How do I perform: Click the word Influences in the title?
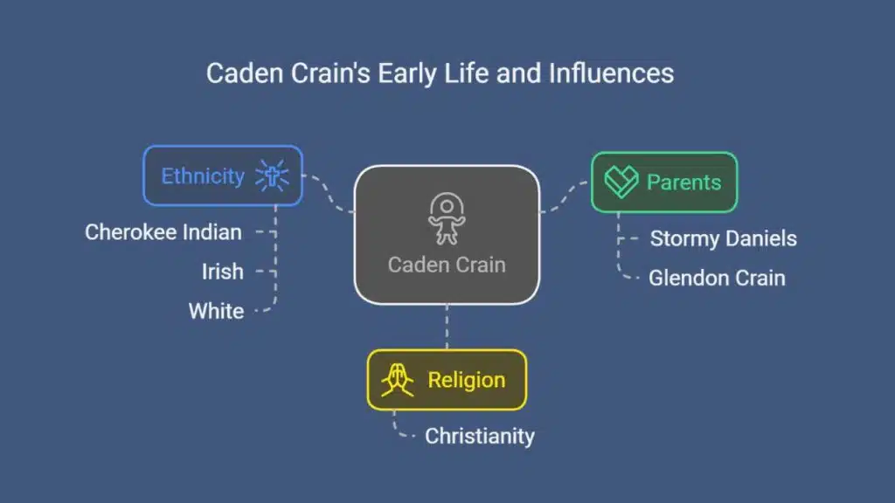tap(611, 73)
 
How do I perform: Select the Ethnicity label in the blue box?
tap(203, 176)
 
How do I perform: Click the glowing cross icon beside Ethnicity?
tap(272, 176)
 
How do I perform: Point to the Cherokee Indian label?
tap(163, 232)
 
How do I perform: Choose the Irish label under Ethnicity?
tap(223, 272)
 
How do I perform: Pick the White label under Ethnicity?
tap(217, 311)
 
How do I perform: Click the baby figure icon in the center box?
tap(447, 218)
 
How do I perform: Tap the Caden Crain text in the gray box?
tap(447, 265)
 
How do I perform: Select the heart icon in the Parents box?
tap(621, 182)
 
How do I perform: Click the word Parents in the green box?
tap(683, 183)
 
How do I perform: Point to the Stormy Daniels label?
tap(723, 238)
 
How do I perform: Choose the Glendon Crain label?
tap(717, 279)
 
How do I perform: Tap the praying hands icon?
tap(398, 380)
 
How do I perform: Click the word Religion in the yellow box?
tap(467, 381)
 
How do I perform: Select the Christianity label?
tap(480, 437)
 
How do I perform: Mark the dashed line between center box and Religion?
tap(447, 327)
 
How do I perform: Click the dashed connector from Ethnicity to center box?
tap(329, 194)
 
